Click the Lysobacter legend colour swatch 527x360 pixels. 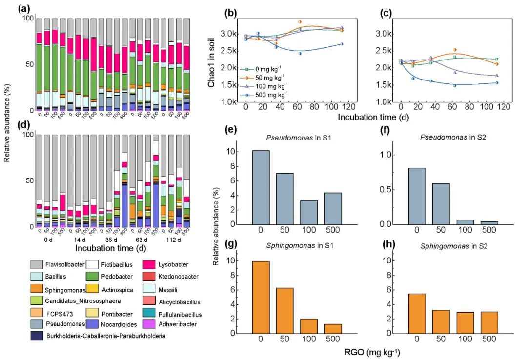coord(149,264)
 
